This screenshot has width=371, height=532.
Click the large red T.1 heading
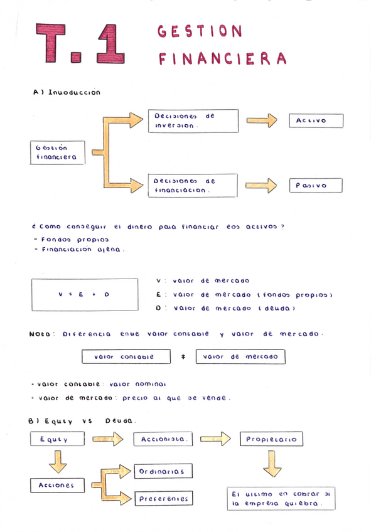[80, 45]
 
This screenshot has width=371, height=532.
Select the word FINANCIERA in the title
[222, 59]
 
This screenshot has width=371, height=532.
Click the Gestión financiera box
[57, 152]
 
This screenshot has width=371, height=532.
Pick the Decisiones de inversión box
[192, 120]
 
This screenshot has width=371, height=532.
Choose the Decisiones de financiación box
[192, 185]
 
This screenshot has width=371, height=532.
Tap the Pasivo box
[315, 186]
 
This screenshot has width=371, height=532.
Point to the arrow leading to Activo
[262, 120]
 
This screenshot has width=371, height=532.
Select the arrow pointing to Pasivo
[262, 186]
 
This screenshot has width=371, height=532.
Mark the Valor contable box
[126, 357]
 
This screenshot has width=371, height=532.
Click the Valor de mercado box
[240, 357]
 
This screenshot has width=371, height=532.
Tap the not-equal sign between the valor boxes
[183, 357]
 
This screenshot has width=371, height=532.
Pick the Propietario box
[272, 440]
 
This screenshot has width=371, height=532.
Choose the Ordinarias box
[163, 471]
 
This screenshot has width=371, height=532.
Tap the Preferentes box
[163, 499]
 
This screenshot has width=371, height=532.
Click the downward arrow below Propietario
[272, 464]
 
